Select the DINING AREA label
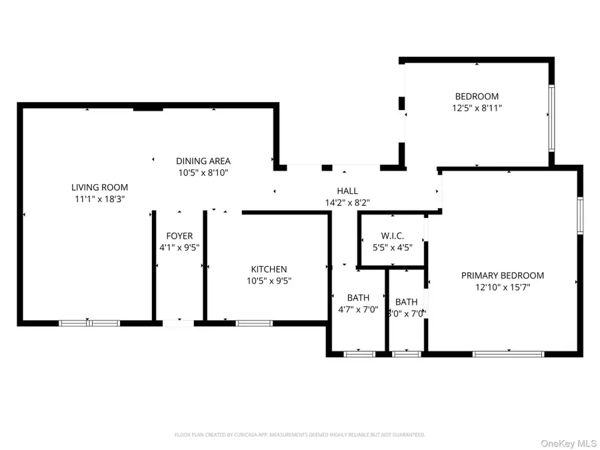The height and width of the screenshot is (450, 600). tap(203, 161)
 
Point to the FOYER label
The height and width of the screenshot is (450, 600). tap(179, 236)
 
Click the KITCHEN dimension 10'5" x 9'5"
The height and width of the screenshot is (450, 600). tap(269, 281)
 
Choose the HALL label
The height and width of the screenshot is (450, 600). tap(347, 191)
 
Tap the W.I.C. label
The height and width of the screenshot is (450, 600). tap(393, 235)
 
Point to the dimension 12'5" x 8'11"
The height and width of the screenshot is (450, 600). tap(477, 107)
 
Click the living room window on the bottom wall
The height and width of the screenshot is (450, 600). tap(89, 323)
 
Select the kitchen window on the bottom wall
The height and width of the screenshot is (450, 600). tap(254, 323)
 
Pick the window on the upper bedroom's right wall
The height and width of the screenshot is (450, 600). tap(551, 117)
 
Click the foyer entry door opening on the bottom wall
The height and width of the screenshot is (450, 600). tap(179, 323)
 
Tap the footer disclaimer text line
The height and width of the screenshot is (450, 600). tap(300, 435)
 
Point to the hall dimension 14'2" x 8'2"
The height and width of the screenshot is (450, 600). tap(347, 202)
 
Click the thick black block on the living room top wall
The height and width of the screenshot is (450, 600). tap(148, 107)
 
